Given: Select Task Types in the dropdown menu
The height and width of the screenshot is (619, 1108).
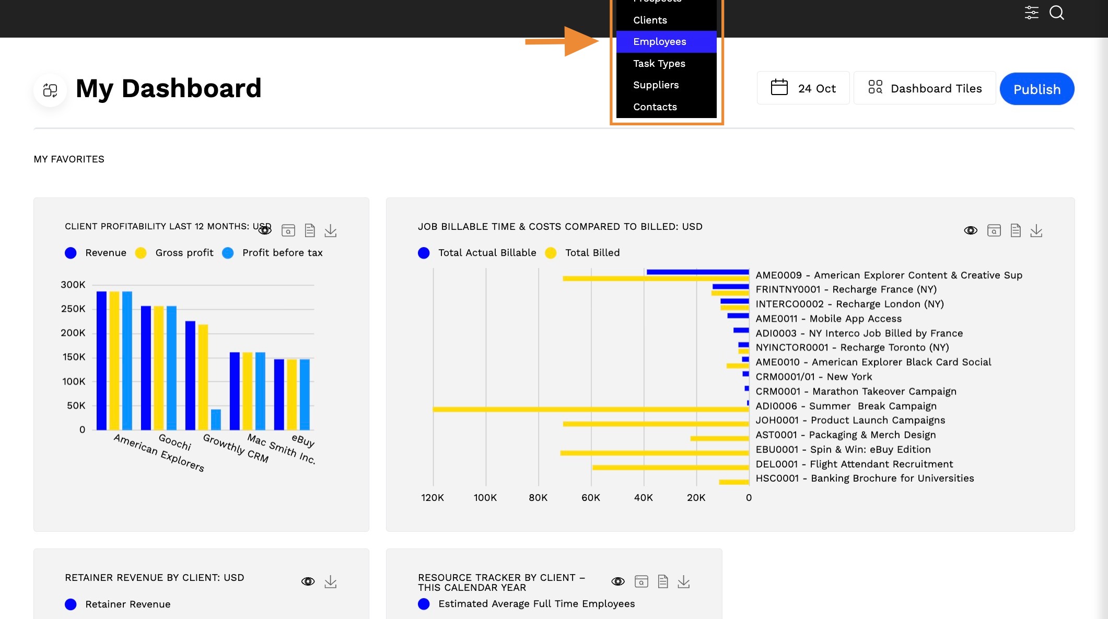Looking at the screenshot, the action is (659, 64).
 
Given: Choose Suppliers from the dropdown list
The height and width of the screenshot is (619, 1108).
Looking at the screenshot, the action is (656, 85).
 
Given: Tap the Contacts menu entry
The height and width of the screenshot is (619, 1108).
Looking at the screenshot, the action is (655, 107).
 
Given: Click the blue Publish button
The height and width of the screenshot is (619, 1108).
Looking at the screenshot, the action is (1037, 89).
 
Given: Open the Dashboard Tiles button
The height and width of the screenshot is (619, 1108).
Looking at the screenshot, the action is (925, 88).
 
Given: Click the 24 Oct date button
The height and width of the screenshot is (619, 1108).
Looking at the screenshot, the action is (803, 88).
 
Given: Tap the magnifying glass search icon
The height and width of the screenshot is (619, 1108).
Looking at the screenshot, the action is (1057, 13).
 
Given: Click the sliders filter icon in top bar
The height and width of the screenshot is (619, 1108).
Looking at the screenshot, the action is (1031, 13).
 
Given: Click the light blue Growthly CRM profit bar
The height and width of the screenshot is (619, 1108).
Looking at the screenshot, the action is (216, 419).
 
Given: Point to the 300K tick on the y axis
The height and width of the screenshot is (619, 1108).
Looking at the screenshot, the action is (73, 285).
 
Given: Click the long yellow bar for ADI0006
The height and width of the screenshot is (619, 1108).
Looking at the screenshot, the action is (591, 409).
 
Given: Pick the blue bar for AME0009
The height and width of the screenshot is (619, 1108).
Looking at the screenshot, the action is (697, 272).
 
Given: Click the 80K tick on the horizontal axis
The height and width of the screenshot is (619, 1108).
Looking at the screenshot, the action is (538, 498).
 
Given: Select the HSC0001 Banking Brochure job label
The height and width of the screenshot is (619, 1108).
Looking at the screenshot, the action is (865, 478).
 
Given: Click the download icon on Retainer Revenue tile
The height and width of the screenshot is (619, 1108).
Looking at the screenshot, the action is (331, 581).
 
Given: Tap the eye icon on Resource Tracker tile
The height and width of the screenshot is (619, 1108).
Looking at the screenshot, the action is (618, 581).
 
